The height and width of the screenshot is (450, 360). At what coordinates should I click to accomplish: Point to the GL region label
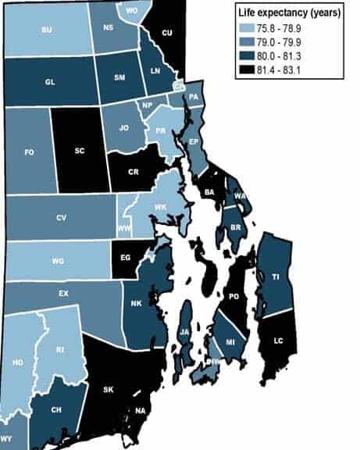(x=49, y=81)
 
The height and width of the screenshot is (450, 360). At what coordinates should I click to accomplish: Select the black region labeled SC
(x=79, y=151)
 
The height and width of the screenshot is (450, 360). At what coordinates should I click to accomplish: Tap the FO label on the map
(x=29, y=152)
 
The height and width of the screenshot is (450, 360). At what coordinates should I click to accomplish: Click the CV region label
(x=61, y=219)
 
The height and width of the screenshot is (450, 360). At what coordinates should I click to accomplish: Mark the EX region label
(x=62, y=294)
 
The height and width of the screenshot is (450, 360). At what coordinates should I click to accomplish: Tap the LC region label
(x=279, y=341)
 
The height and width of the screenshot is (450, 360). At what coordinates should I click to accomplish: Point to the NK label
(x=136, y=304)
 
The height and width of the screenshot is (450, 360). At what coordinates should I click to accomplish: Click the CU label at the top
(x=166, y=33)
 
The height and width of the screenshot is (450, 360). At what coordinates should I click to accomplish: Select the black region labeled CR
(x=134, y=170)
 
